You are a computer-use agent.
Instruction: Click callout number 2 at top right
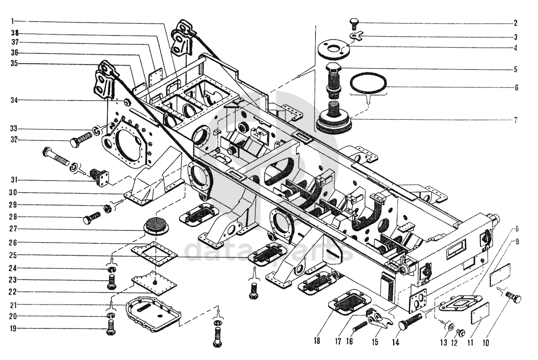[516, 22]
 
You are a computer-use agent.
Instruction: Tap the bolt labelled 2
[354, 22]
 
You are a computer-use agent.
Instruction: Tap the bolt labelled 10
[514, 298]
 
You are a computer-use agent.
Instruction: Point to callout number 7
[516, 120]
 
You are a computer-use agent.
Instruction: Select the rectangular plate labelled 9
[499, 274]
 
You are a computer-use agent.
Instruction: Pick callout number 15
[375, 342]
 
